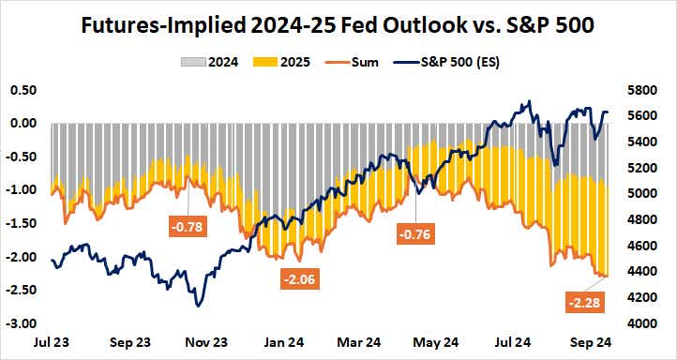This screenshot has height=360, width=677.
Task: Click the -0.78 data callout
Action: click(186, 225)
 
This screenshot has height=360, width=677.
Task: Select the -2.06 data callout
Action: click(301, 278)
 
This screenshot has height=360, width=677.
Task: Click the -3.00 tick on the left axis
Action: click(21, 323)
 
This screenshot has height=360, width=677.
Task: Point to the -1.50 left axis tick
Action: click(21, 223)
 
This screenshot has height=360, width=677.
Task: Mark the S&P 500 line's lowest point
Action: click(198, 306)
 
